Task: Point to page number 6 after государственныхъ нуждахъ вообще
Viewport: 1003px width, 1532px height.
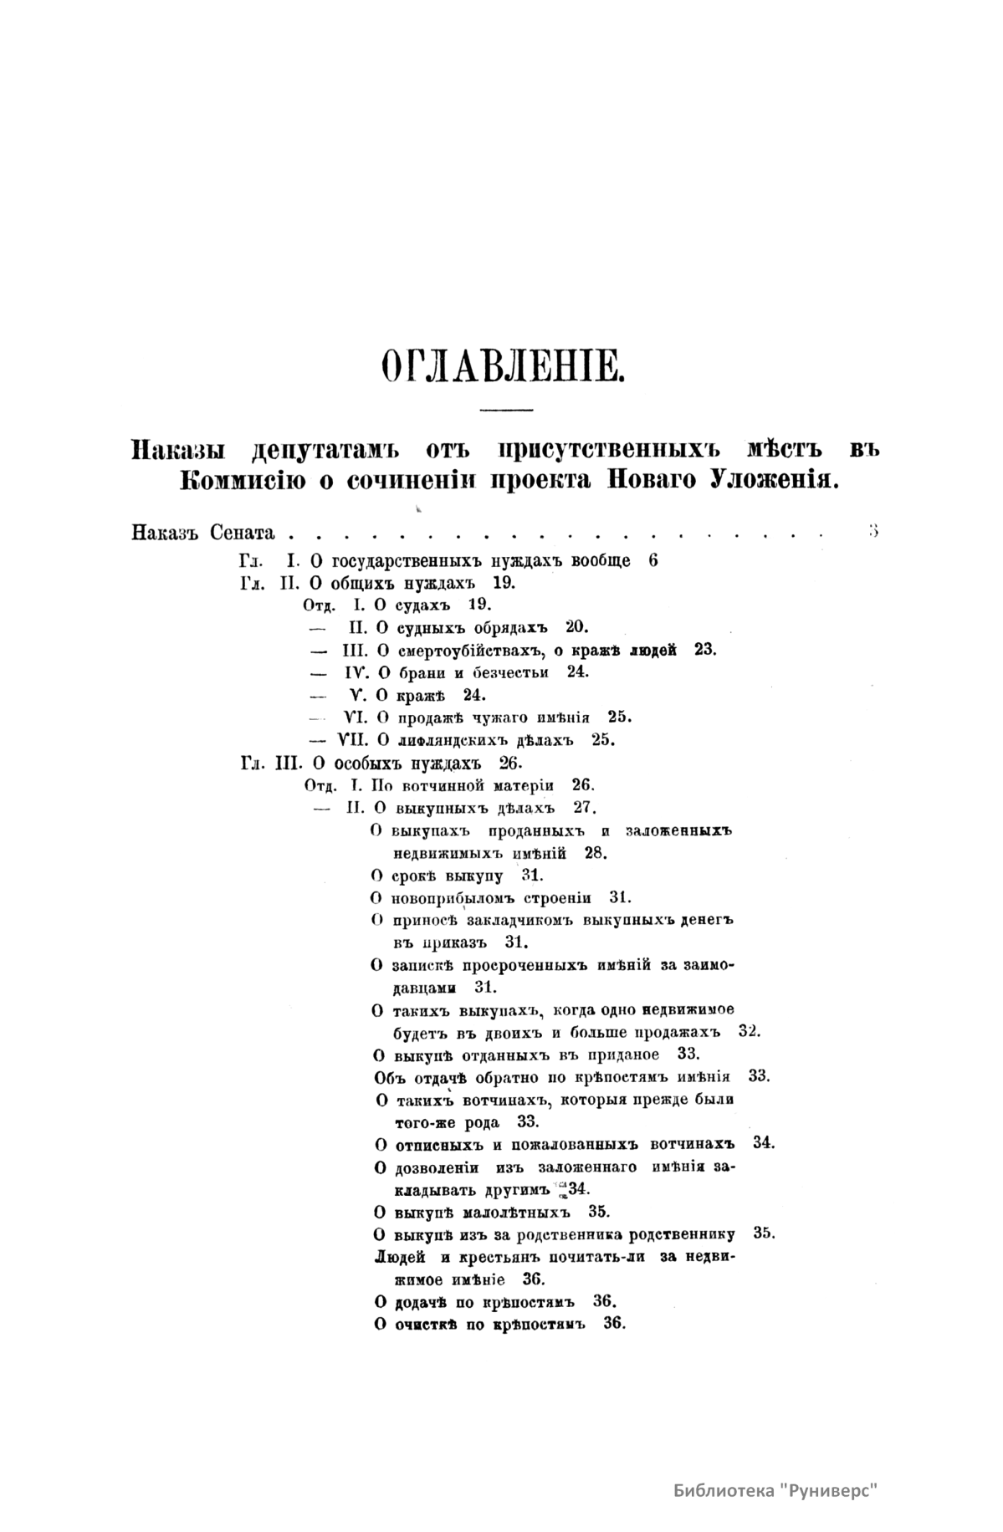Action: coord(653,560)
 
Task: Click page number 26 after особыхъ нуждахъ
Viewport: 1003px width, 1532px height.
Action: coord(509,763)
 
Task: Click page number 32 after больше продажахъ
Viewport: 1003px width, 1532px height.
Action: coord(750,1031)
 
